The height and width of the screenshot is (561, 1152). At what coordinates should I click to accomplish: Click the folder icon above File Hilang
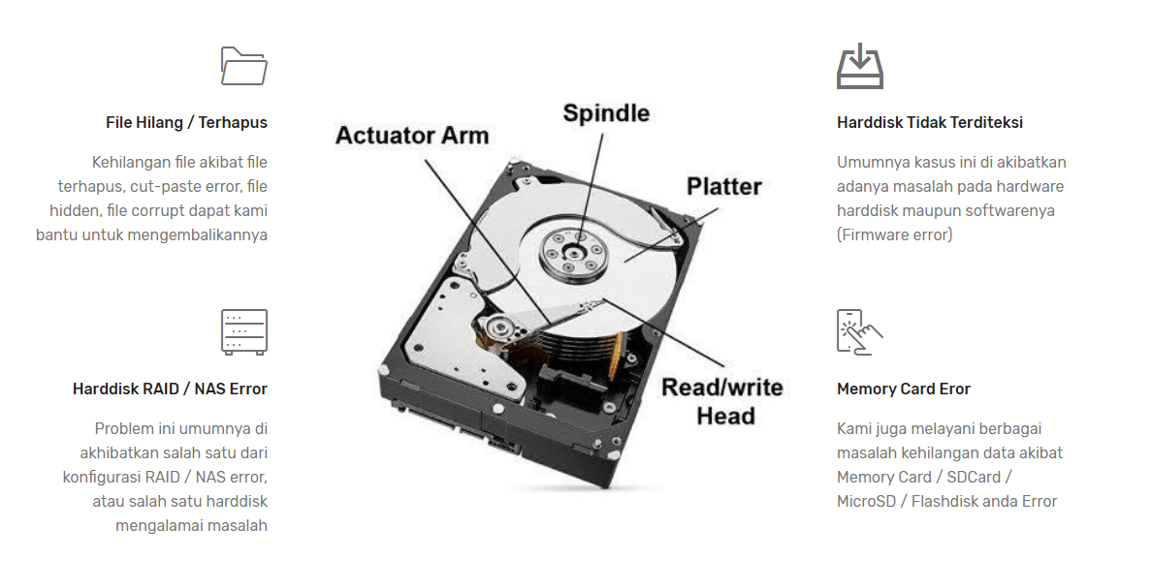(244, 66)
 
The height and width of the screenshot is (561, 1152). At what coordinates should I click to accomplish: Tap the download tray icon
(859, 66)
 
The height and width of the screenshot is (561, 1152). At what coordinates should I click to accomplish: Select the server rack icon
(244, 332)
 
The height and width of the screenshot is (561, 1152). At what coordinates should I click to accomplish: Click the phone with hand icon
(859, 332)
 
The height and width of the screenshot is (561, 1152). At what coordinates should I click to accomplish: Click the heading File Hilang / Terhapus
(186, 123)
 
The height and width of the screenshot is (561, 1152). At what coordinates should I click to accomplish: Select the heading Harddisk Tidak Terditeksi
(929, 123)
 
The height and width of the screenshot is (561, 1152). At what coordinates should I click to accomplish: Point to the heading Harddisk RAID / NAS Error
(170, 390)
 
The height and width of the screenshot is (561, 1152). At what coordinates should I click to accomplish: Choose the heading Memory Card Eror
(903, 390)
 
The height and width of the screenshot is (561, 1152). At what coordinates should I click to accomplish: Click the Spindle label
(606, 113)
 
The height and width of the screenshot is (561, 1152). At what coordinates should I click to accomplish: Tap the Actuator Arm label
(412, 136)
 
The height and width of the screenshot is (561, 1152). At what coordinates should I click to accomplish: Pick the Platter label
(723, 186)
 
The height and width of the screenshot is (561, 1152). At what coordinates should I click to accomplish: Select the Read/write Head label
(722, 402)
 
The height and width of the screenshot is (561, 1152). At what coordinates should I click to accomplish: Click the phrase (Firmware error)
(894, 235)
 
